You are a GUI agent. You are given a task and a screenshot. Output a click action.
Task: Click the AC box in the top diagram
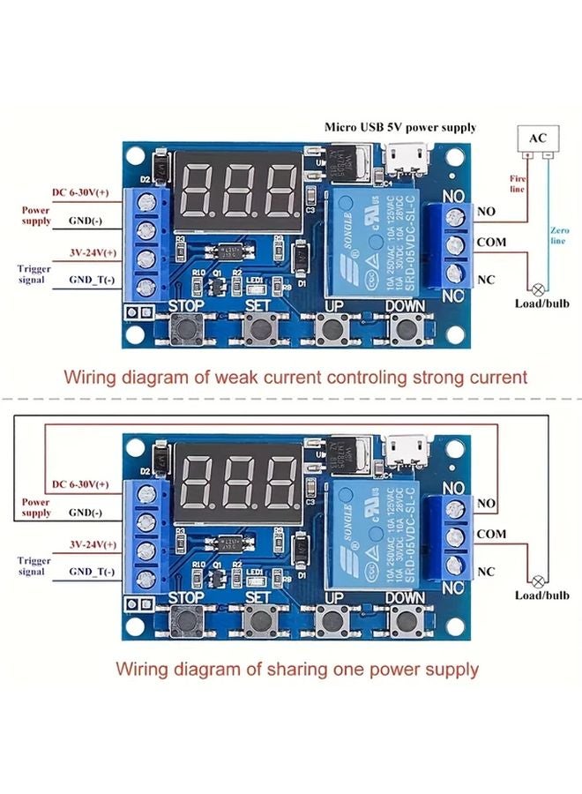point(537,139)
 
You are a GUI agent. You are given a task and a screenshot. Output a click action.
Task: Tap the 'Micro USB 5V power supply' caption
point(399,127)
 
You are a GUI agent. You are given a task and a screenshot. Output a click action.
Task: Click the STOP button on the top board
point(186,332)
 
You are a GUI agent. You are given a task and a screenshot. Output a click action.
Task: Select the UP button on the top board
point(332,332)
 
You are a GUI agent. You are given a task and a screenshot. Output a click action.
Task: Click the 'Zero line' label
point(559,235)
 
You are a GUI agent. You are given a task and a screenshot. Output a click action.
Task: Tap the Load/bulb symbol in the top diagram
point(536,288)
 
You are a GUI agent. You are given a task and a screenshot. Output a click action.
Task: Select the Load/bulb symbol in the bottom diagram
point(536,581)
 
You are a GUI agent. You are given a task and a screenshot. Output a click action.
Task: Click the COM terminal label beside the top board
point(491,240)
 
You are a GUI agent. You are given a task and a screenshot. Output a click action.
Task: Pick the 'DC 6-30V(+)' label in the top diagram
point(80,192)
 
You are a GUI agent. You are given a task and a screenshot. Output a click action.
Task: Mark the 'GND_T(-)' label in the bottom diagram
point(92,572)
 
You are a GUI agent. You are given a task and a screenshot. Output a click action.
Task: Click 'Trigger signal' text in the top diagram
point(34,273)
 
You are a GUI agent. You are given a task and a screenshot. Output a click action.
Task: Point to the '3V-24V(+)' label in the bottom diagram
point(93,544)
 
